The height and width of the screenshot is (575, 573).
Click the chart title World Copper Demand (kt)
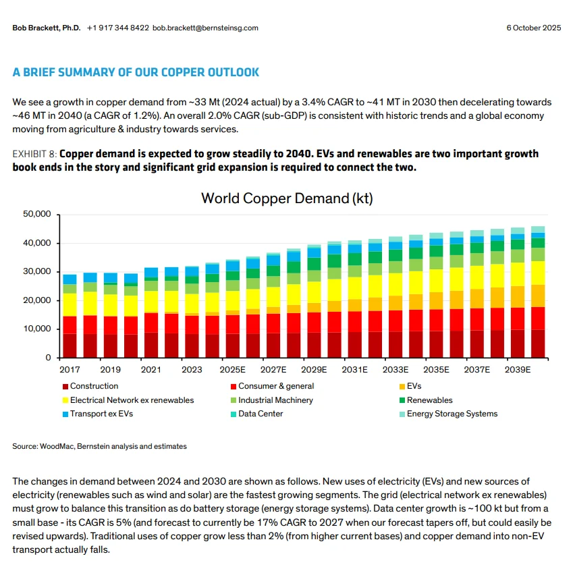click(287, 198)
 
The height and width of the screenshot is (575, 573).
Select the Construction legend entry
click(94, 386)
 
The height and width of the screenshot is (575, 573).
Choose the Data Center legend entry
click(261, 414)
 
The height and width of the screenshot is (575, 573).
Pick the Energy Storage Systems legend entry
click(452, 414)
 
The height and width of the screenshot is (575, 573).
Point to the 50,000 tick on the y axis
click(37, 215)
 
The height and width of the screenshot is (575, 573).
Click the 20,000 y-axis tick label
click(37, 300)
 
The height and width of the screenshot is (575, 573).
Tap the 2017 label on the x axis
click(70, 370)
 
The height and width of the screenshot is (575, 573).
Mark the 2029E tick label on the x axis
click(314, 370)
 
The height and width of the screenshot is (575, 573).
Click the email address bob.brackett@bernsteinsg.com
click(205, 28)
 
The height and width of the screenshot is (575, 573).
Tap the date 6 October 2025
click(534, 28)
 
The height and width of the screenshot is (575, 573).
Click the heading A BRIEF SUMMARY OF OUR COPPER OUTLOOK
click(136, 72)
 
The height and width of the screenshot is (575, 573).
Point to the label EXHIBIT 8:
click(38, 154)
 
